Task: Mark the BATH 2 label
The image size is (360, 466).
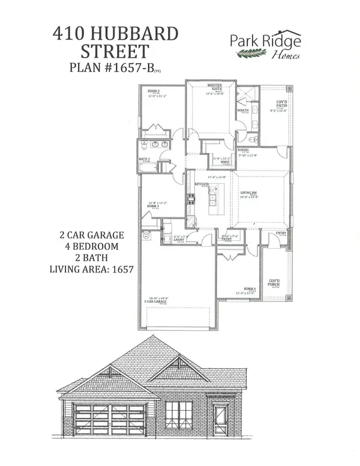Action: click(145, 159)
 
